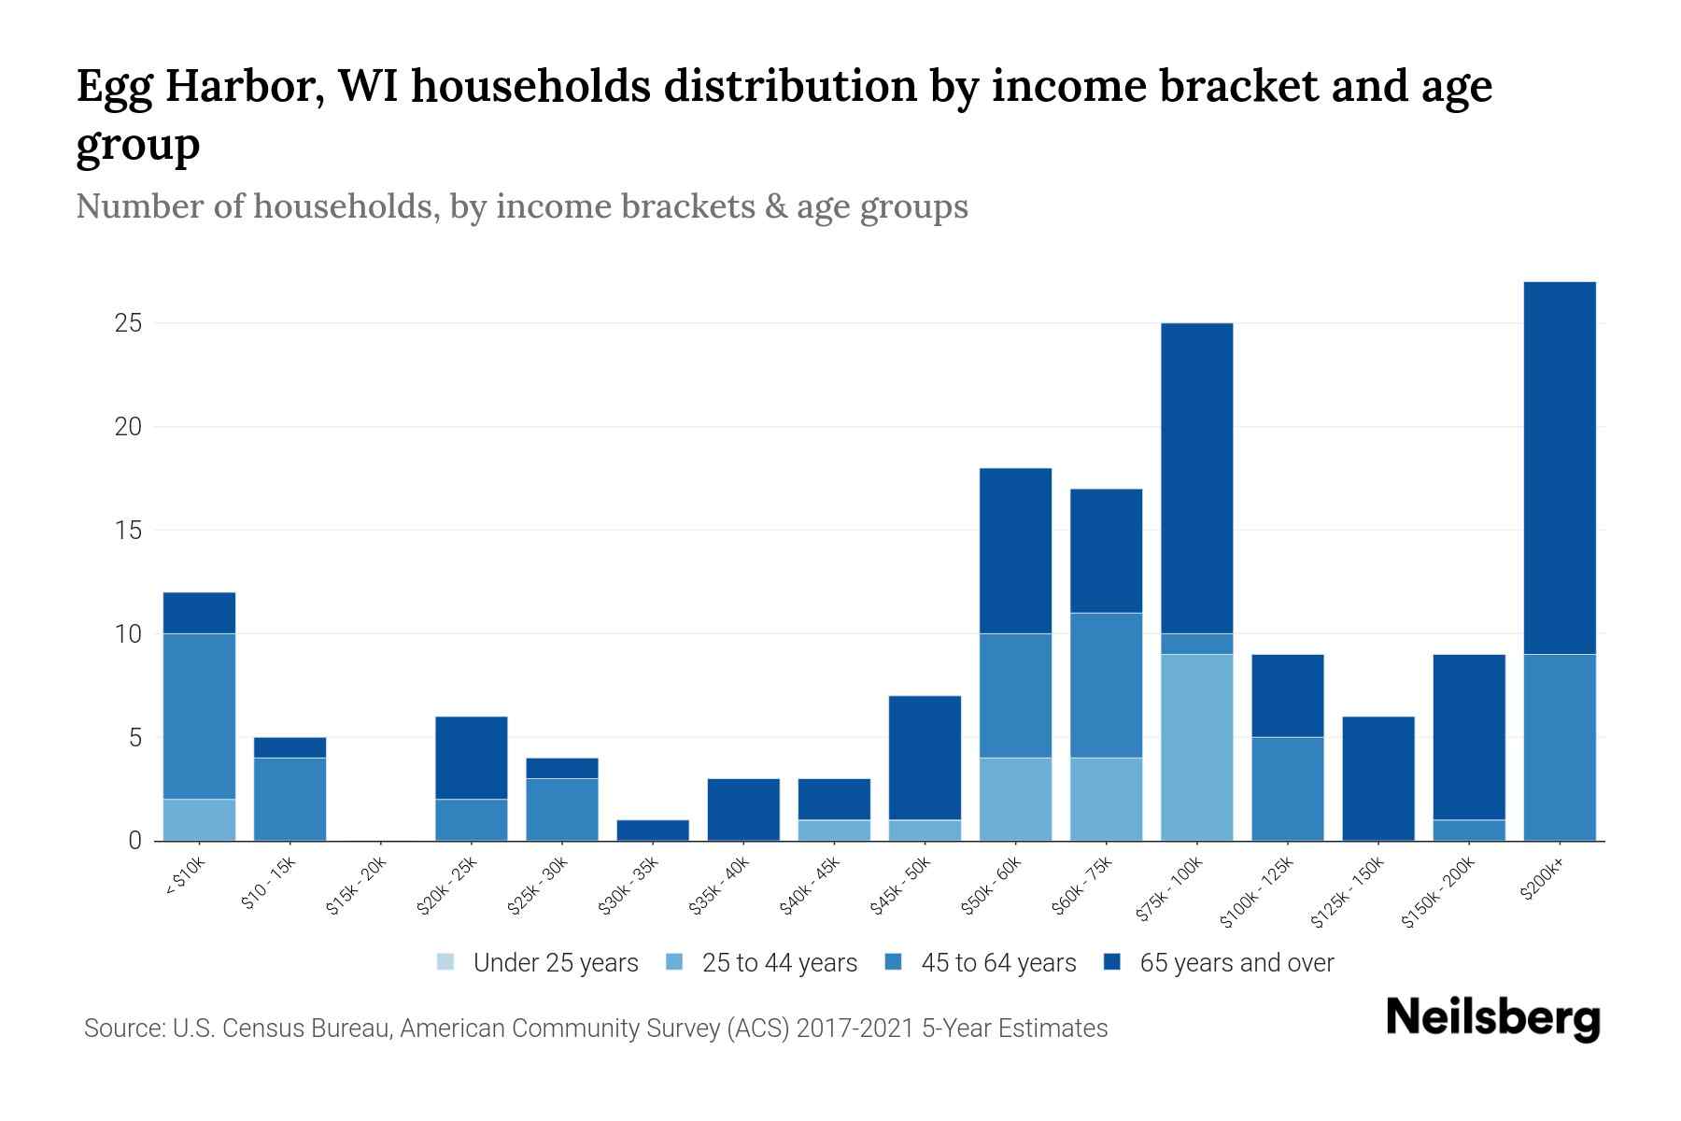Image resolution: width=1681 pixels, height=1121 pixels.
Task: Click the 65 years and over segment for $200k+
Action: (1559, 467)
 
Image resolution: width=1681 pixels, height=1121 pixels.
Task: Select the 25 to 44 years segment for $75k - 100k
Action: (1196, 747)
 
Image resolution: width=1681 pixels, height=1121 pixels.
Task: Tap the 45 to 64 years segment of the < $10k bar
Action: (199, 716)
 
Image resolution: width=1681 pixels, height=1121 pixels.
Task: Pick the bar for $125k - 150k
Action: (1377, 778)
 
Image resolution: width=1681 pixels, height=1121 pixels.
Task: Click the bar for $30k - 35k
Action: (653, 830)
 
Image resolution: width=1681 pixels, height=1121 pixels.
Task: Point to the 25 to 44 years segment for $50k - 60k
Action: (1015, 799)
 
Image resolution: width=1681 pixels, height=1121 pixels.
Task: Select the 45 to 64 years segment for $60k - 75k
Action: (1106, 685)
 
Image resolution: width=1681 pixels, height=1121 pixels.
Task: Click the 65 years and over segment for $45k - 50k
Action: (925, 758)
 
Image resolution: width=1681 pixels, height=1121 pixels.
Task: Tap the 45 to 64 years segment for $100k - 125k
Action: (1287, 788)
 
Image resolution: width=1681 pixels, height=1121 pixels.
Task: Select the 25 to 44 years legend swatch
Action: (675, 962)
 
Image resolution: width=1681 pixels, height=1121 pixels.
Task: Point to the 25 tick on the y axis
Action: (128, 323)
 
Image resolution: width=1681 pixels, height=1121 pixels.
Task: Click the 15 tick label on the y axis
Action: (128, 531)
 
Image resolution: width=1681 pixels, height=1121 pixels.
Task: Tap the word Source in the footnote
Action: (122, 1029)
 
